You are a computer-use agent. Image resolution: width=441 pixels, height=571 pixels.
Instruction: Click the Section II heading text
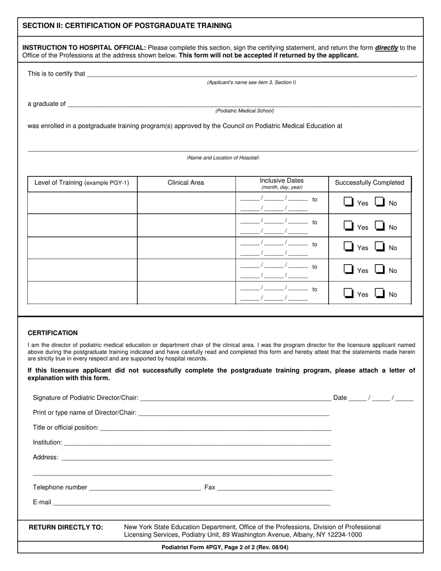coord(127,26)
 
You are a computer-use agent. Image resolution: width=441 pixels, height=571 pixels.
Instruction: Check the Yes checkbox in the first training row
coord(348,202)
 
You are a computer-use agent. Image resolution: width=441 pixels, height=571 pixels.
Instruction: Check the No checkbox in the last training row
coord(380,293)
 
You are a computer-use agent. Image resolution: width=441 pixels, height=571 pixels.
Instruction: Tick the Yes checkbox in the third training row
coord(348,247)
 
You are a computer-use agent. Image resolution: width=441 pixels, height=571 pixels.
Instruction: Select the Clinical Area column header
coord(186,183)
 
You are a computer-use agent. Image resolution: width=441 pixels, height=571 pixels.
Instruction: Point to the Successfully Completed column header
coord(370,183)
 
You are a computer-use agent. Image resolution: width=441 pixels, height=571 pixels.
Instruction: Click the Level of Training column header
coord(82,183)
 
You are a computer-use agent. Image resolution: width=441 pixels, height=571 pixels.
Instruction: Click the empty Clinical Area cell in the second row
coord(186,225)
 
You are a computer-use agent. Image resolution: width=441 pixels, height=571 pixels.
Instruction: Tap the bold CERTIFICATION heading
coord(52,333)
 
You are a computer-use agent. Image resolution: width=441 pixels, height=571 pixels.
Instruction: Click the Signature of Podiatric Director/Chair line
coord(235,398)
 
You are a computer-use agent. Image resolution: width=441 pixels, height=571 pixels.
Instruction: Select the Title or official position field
coord(215,428)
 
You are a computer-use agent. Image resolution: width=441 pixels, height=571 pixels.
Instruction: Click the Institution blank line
coord(196,443)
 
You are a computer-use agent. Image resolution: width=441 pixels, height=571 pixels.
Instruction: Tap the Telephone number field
coord(144,487)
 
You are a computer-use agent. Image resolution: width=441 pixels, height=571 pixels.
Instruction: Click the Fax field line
coord(274,487)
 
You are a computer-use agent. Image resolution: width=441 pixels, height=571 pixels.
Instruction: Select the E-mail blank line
coord(191,502)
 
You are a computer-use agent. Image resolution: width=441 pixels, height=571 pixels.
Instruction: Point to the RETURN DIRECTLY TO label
coord(66,527)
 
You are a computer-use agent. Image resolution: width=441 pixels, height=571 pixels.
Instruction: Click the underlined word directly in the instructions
coord(386,48)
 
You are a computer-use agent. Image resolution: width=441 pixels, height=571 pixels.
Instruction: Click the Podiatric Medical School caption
coord(245,111)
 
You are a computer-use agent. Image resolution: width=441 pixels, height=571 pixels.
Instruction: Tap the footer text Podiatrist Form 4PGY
coord(225,548)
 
